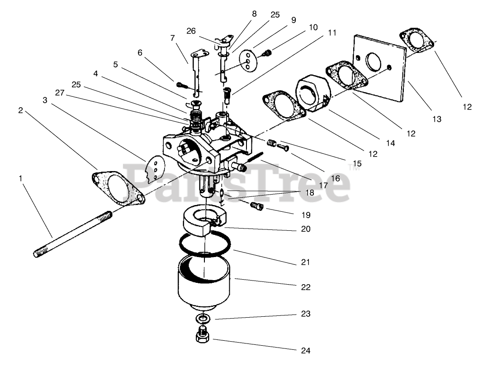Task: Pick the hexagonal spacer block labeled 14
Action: pyautogui.click(x=313, y=93)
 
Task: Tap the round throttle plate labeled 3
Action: pyautogui.click(x=153, y=167)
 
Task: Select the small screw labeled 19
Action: pyautogui.click(x=257, y=206)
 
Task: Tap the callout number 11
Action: pyautogui.click(x=332, y=33)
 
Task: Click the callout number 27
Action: pyautogui.click(x=60, y=93)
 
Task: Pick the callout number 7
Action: pyautogui.click(x=172, y=38)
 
